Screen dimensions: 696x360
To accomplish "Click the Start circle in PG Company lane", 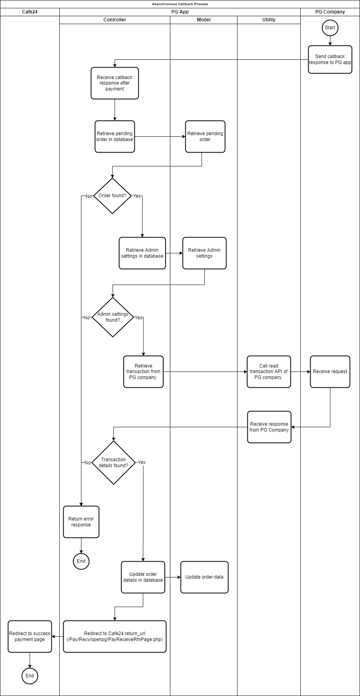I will point(330,28).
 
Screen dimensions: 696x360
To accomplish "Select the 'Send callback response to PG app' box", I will point(330,59).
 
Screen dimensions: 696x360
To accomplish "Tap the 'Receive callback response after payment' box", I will point(115,83).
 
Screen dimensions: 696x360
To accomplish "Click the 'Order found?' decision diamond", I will point(112,196).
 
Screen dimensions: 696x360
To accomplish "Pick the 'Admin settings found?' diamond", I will point(113,317).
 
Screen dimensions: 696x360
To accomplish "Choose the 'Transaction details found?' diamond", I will point(113,462).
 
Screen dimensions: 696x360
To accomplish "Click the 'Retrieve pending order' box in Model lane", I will point(205,136).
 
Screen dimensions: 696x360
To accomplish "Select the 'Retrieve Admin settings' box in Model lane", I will point(204,253).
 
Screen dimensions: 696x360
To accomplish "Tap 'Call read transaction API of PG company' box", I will point(269,372).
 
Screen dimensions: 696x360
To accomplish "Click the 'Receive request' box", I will point(330,372).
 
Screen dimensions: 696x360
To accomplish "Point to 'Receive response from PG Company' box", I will point(269,427).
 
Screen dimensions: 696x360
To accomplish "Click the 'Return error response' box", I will point(81,522).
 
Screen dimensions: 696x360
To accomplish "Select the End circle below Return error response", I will point(81,561).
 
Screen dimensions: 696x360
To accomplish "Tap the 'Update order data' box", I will point(204,577).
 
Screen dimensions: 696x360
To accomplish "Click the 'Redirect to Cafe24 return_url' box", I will point(115,636).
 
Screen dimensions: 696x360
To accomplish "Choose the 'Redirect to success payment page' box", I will point(30,636).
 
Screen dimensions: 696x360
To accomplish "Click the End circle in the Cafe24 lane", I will point(30,676).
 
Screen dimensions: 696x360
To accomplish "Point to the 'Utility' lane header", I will point(269,20).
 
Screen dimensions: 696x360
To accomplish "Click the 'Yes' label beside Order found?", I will point(137,196).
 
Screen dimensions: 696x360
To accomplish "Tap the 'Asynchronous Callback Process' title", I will point(180,4).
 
